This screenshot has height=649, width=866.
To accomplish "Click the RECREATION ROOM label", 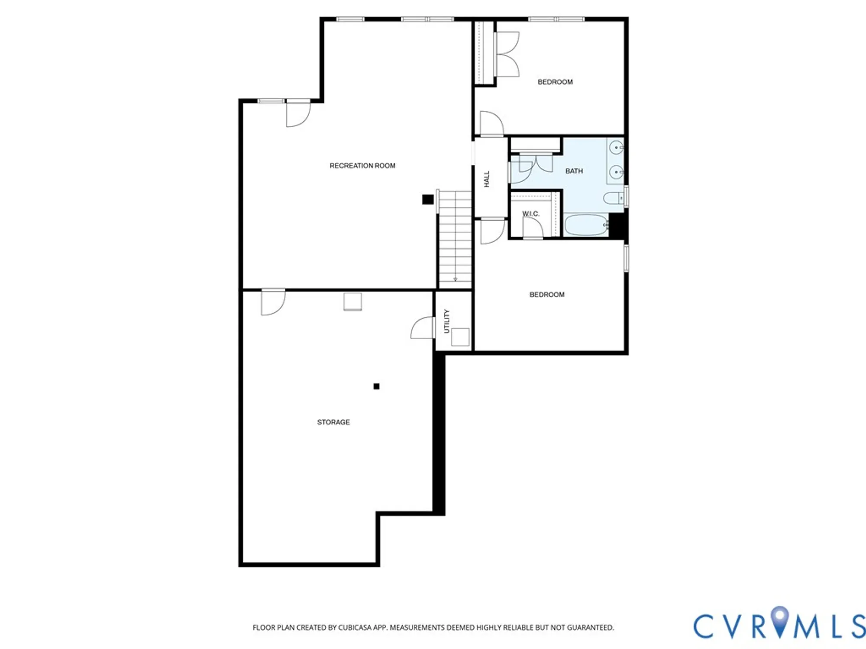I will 362,166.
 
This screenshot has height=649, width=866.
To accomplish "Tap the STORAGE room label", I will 333,422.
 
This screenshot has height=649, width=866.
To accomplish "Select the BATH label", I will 574,171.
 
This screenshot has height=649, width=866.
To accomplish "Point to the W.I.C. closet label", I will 530,214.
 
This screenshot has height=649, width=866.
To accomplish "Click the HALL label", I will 487,179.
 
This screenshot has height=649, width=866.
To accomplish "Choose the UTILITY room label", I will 447,321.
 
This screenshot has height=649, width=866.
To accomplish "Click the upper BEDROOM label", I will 555,82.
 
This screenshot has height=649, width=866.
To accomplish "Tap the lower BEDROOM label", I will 547,295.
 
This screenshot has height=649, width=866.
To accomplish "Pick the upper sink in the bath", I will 616,148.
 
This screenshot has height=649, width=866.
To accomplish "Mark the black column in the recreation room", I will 428,199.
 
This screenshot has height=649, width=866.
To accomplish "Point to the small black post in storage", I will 376,386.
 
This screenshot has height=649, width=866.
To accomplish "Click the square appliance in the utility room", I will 460,337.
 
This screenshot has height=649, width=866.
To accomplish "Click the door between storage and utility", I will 423,328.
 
